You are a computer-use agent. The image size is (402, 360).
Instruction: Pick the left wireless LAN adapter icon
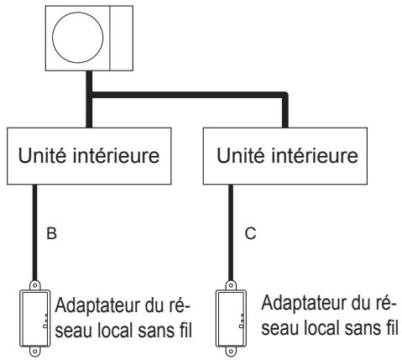click(x=34, y=317)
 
